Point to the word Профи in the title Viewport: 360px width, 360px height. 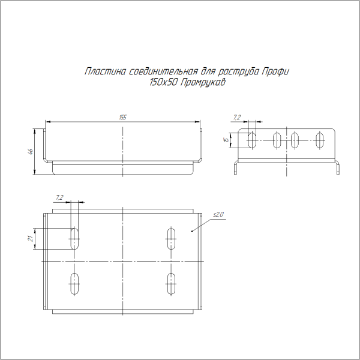pos(277,72)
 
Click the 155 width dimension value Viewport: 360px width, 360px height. pos(122,118)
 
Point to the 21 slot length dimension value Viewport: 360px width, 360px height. pos(30,238)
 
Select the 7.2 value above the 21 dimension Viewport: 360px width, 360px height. pos(59,197)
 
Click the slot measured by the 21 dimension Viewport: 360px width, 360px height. pos(75,238)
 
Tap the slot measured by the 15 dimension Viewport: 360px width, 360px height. pos(253,140)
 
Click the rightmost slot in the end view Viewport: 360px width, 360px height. pos(321,140)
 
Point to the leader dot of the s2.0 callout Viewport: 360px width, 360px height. pos(191,230)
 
